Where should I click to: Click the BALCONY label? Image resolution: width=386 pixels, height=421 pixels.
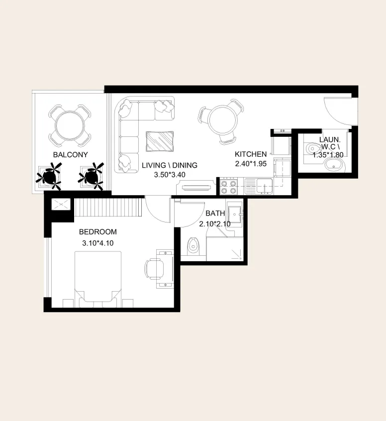coord(70,155)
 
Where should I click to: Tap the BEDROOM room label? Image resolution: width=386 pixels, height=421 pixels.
coord(97,232)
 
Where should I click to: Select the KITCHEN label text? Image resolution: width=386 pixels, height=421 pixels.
coord(251,154)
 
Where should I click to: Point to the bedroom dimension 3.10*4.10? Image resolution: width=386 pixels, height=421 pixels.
coord(97,243)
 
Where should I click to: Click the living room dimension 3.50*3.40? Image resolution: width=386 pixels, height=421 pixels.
coord(170,175)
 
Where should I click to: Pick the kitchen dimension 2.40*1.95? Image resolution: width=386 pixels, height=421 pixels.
coord(251,164)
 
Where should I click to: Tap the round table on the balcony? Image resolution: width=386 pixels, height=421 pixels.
coord(69,125)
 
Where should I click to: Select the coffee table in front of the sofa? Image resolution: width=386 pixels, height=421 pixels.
coord(160,141)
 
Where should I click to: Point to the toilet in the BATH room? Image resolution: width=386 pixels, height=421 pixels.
coord(192,246)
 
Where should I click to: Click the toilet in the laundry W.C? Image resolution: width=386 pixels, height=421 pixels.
coord(312,148)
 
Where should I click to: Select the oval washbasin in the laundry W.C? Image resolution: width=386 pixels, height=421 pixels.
coord(334,165)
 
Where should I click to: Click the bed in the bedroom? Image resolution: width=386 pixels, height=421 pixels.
coord(97,279)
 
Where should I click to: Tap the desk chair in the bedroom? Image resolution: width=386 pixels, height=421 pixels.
coord(155,269)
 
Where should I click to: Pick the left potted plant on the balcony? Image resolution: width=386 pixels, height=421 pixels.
coord(49,176)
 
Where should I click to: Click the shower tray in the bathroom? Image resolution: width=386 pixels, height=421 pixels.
coord(225,249)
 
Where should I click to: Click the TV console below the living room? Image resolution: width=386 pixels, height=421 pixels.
coord(196,187)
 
